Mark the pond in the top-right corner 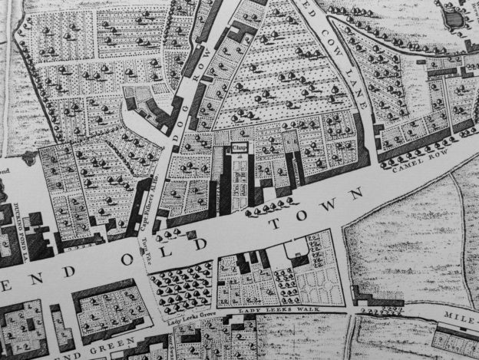(x=454, y=17)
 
